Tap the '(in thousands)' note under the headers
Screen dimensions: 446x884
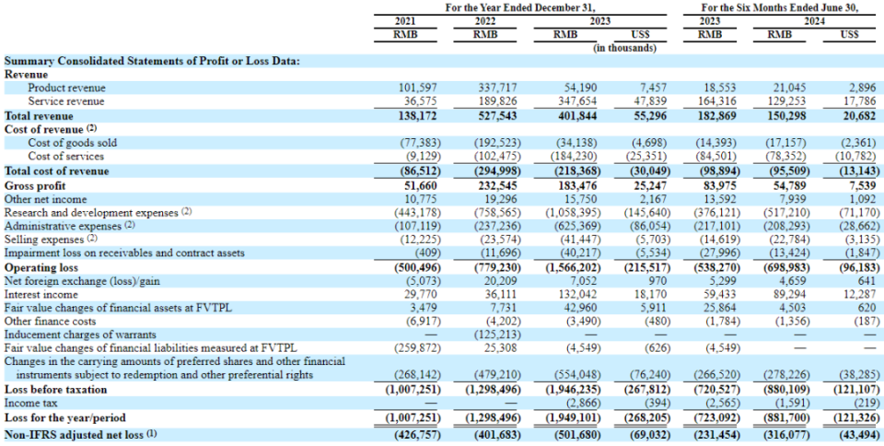tap(625, 48)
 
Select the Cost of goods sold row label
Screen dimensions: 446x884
tap(72, 143)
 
